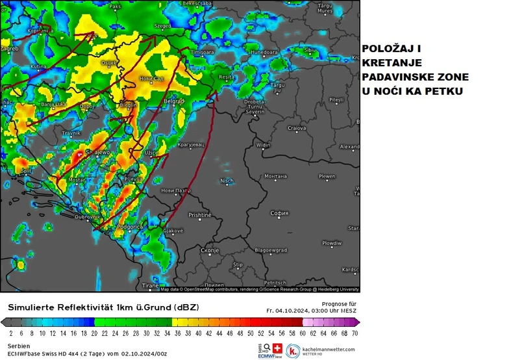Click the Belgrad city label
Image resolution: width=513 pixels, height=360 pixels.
pyautogui.click(x=174, y=102)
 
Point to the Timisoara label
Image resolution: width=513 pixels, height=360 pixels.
pyautogui.click(x=202, y=52)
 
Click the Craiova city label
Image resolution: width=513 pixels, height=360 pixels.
pyautogui.click(x=297, y=128)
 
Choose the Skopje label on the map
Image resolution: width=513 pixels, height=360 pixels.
pyautogui.click(x=210, y=250)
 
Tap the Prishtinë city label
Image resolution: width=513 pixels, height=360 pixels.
pyautogui.click(x=200, y=214)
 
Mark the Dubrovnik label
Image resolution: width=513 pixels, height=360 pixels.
pyautogui.click(x=86, y=216)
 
